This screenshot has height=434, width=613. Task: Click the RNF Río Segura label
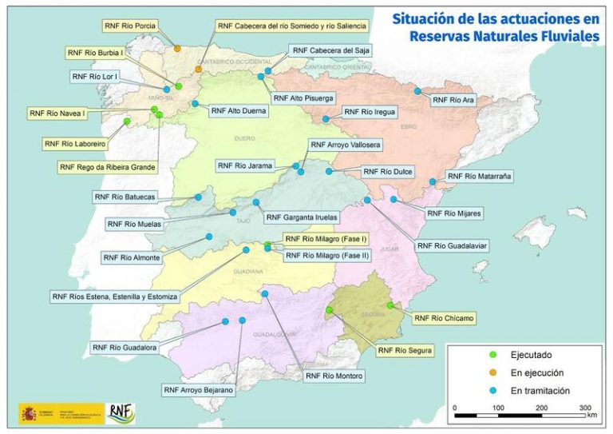(x=405, y=350)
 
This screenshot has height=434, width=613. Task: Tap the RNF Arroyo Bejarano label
(x=199, y=390)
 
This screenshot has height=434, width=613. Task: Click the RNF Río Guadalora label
(x=123, y=348)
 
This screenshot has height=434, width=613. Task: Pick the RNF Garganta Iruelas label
(x=301, y=217)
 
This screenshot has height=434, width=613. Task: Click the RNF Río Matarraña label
(x=480, y=176)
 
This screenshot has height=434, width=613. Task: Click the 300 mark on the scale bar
(x=584, y=408)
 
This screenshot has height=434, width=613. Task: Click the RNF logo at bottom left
(x=121, y=412)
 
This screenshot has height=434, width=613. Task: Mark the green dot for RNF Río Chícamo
(x=390, y=305)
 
